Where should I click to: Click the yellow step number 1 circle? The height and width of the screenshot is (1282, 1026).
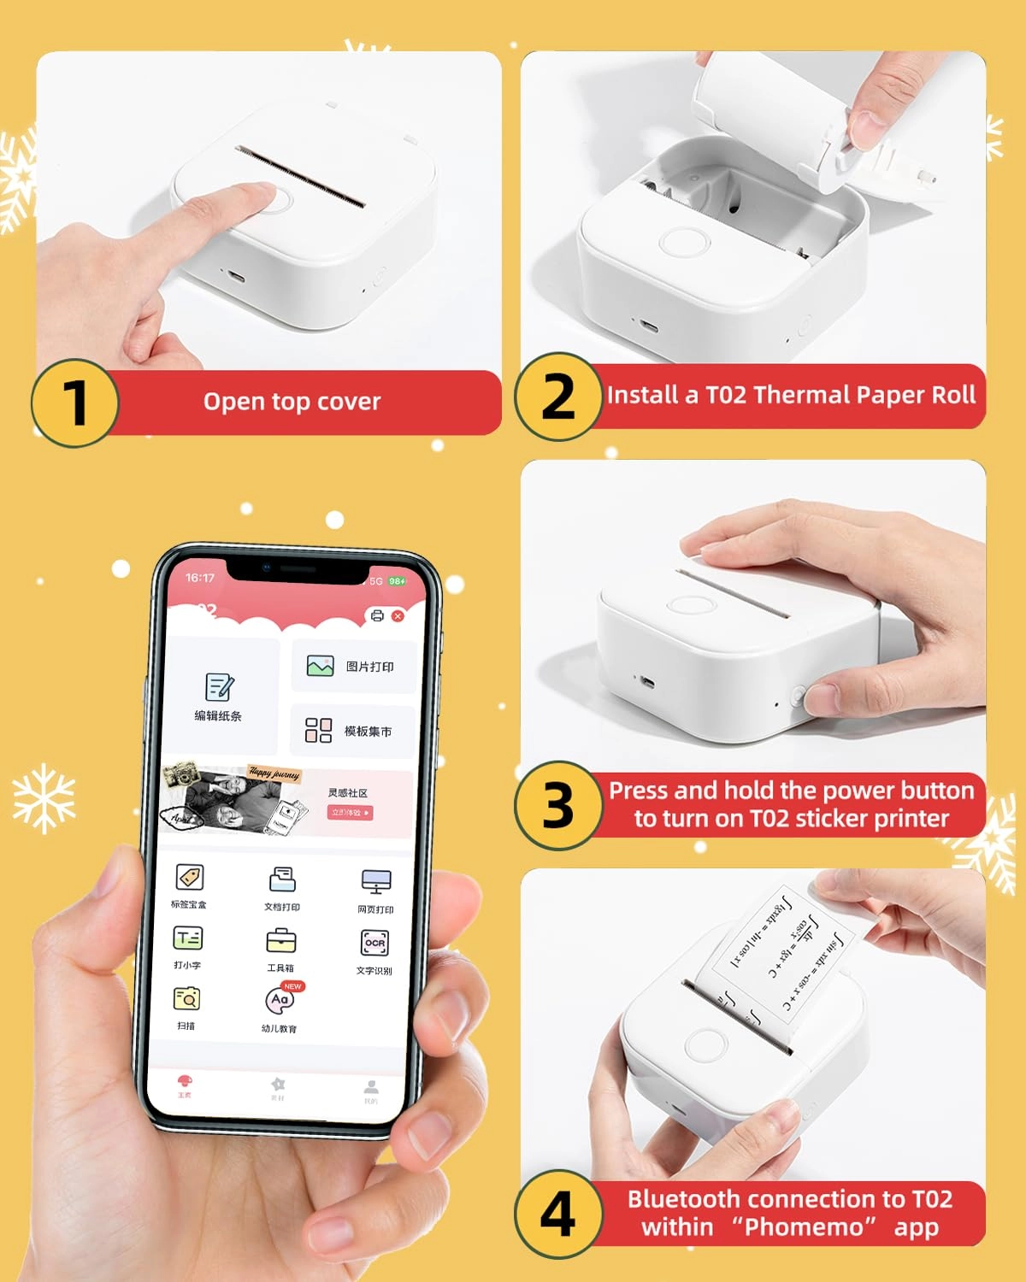[x=74, y=403]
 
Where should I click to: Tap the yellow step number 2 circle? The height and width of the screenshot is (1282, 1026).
[x=558, y=397]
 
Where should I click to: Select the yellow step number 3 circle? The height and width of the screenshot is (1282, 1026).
[x=558, y=805]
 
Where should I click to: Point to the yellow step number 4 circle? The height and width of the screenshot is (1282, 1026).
[x=558, y=1214]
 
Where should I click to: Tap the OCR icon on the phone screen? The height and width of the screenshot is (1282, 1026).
[x=375, y=943]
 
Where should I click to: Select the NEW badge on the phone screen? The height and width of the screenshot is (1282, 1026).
[x=292, y=986]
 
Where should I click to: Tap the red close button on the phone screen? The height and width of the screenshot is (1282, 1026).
[x=398, y=615]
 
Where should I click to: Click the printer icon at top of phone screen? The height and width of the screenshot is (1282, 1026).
[x=377, y=615]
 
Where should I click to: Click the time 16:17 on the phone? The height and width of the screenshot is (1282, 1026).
[x=200, y=578]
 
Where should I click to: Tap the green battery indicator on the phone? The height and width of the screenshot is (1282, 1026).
[x=398, y=581]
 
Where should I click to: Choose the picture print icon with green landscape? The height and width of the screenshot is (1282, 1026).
[x=320, y=667]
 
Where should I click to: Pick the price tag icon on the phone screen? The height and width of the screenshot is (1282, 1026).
[x=189, y=877]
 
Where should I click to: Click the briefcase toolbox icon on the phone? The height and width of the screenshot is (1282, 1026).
[x=281, y=940]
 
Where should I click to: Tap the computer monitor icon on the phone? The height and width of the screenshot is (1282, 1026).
[x=376, y=881]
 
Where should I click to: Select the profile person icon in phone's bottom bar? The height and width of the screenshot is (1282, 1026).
[x=371, y=1087]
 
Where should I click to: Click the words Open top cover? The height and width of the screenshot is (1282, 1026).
[x=292, y=402]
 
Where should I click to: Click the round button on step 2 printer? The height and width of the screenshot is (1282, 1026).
[x=684, y=242]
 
